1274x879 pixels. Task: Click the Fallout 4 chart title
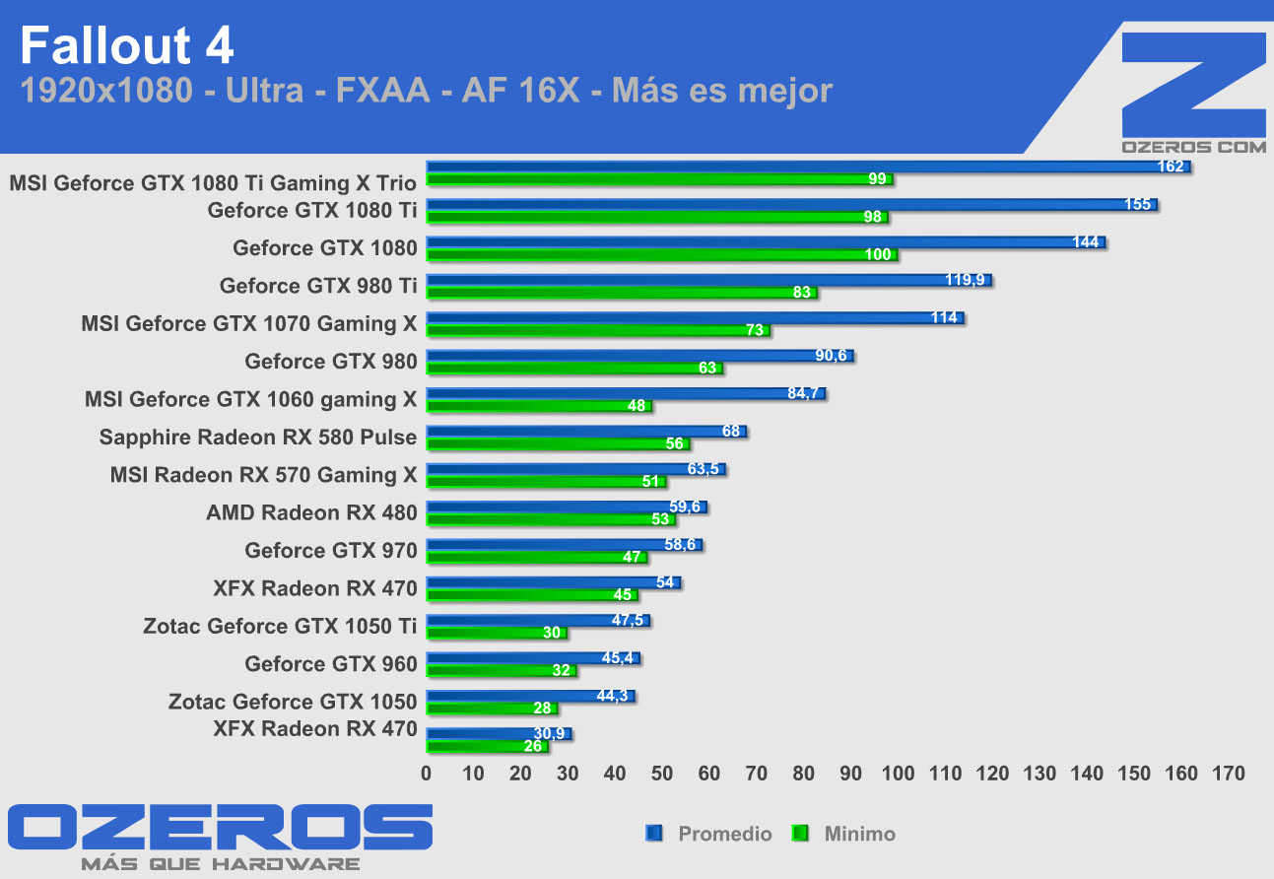(x=127, y=46)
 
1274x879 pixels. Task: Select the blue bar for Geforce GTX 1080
(x=765, y=242)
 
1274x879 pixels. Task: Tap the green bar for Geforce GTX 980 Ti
(x=621, y=293)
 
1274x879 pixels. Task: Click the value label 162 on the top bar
(x=1171, y=167)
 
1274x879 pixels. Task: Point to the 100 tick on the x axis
(x=899, y=775)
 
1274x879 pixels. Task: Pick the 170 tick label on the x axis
(x=1229, y=775)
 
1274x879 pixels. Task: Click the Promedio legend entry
(x=724, y=834)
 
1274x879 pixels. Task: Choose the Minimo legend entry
(x=859, y=834)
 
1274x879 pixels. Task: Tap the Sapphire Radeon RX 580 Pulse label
(x=258, y=437)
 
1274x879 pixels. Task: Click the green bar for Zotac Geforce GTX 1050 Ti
(x=496, y=633)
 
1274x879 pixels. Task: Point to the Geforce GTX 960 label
(x=331, y=663)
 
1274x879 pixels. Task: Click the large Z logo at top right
(x=1193, y=84)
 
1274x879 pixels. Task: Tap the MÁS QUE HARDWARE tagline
(x=220, y=863)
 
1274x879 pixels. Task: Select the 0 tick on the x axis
(x=427, y=775)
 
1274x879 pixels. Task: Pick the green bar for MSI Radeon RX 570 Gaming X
(x=546, y=482)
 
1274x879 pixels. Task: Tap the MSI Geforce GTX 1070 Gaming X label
(x=249, y=323)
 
